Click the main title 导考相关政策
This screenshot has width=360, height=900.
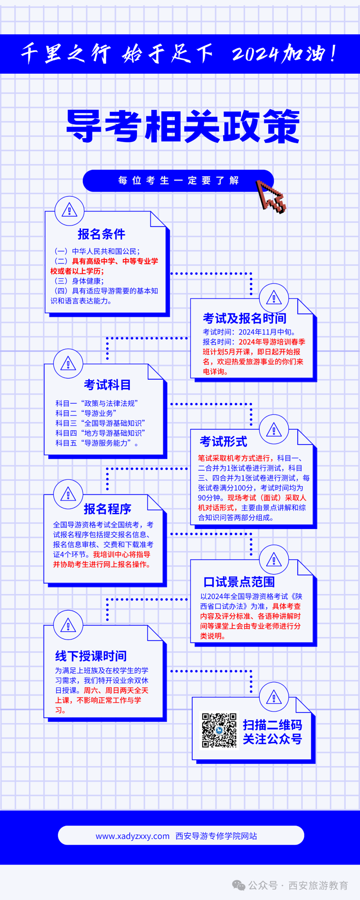tap(183, 126)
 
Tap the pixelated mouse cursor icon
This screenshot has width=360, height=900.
tap(271, 196)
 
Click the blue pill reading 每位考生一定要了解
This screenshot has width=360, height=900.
tap(178, 181)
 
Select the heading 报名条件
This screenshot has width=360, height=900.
tap(101, 234)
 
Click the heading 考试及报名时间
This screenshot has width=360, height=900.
tap(245, 318)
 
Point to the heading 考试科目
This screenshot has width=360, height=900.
tap(107, 385)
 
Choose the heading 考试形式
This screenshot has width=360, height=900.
tap(223, 441)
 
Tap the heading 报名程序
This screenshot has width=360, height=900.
tap(107, 509)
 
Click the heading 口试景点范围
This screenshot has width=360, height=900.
tap(239, 582)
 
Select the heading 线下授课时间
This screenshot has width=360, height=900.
tap(91, 656)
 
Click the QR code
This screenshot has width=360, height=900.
tap(219, 730)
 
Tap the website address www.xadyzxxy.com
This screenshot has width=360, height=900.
tap(132, 836)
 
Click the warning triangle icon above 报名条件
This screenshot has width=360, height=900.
tap(69, 211)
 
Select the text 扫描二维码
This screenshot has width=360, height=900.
tap(273, 725)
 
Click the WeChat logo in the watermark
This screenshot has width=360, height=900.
tap(239, 885)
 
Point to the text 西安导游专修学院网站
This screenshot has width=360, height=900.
tap(216, 836)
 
